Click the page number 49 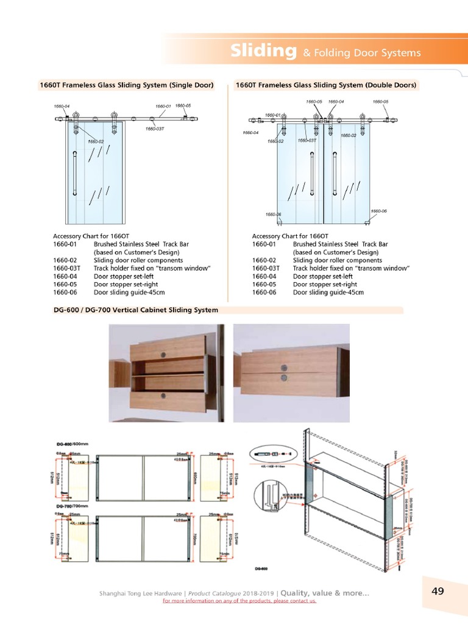pos(438,590)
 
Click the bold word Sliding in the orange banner pos(263,51)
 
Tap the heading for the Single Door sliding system pos(127,85)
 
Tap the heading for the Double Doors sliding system pos(325,85)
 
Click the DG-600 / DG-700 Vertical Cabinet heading pos(136,310)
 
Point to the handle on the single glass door pos(75,173)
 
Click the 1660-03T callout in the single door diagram pos(155,129)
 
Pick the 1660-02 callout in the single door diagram pos(96,141)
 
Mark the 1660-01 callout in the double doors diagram pos(272,115)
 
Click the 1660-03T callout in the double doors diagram pos(307,140)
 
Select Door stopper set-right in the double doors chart pos(325,284)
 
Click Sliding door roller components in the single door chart pos(138,260)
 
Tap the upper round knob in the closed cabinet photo pos(284,367)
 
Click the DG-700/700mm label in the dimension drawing pos(73,506)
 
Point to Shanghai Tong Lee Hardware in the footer pos(141,593)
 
